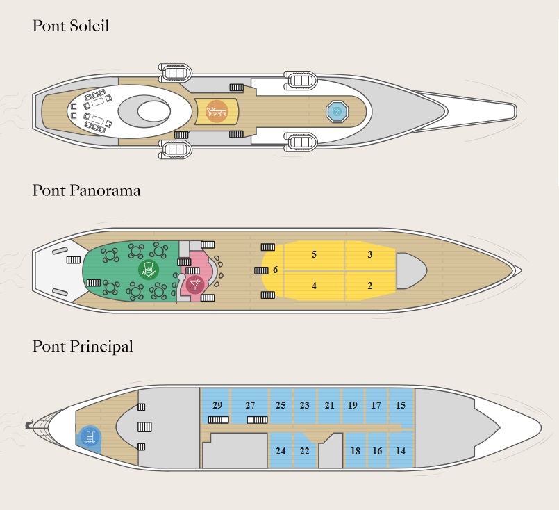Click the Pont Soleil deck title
[x=71, y=26]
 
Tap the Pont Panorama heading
[x=86, y=190]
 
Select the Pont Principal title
[x=83, y=347]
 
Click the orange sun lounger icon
[x=217, y=112]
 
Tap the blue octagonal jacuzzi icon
[x=337, y=112]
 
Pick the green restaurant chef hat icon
[x=149, y=270]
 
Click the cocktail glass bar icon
[x=195, y=285]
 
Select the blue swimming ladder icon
[x=89, y=436]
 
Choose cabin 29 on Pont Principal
[x=217, y=405]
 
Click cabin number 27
[x=250, y=405]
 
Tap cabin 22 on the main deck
[x=304, y=451]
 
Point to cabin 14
[x=401, y=451]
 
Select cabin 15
[x=401, y=405]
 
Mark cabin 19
[x=352, y=405]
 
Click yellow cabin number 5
[x=314, y=254]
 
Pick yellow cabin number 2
[x=370, y=286]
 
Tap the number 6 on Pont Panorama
[x=275, y=270]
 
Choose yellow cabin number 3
[x=370, y=254]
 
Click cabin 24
[x=281, y=451]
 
